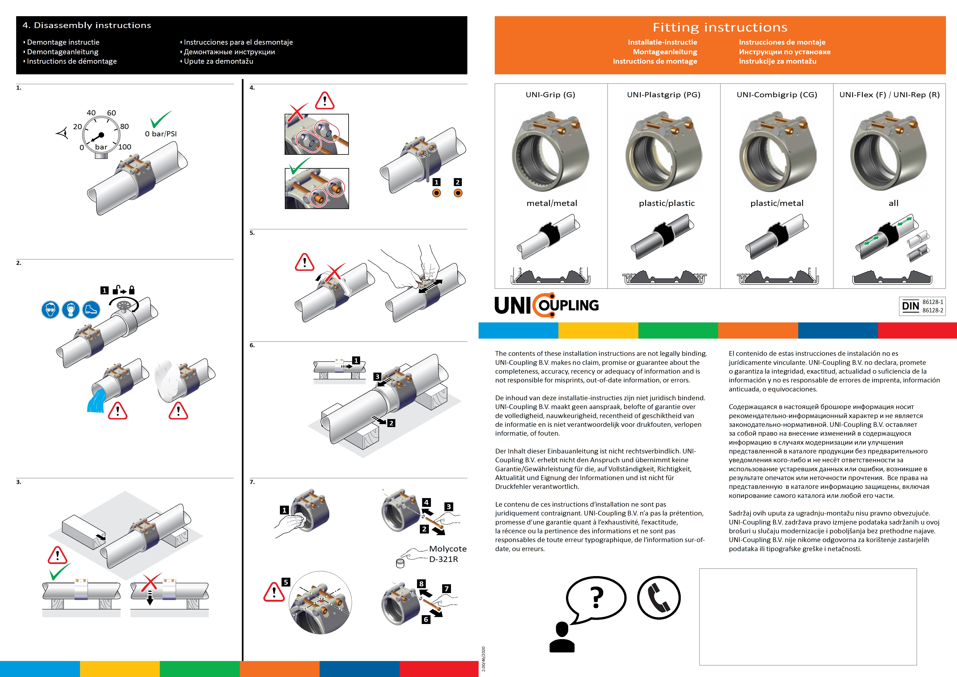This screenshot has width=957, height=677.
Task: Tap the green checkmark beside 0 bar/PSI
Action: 160,119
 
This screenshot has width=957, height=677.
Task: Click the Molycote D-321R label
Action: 447,554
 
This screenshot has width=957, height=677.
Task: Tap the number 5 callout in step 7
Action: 285,582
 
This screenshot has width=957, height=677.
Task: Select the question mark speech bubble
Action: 596,597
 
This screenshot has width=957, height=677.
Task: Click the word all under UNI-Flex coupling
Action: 893,203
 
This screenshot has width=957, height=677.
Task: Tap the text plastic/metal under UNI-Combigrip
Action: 777,203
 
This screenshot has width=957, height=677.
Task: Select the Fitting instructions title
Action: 720,27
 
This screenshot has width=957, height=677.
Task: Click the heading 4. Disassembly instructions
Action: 87,25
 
